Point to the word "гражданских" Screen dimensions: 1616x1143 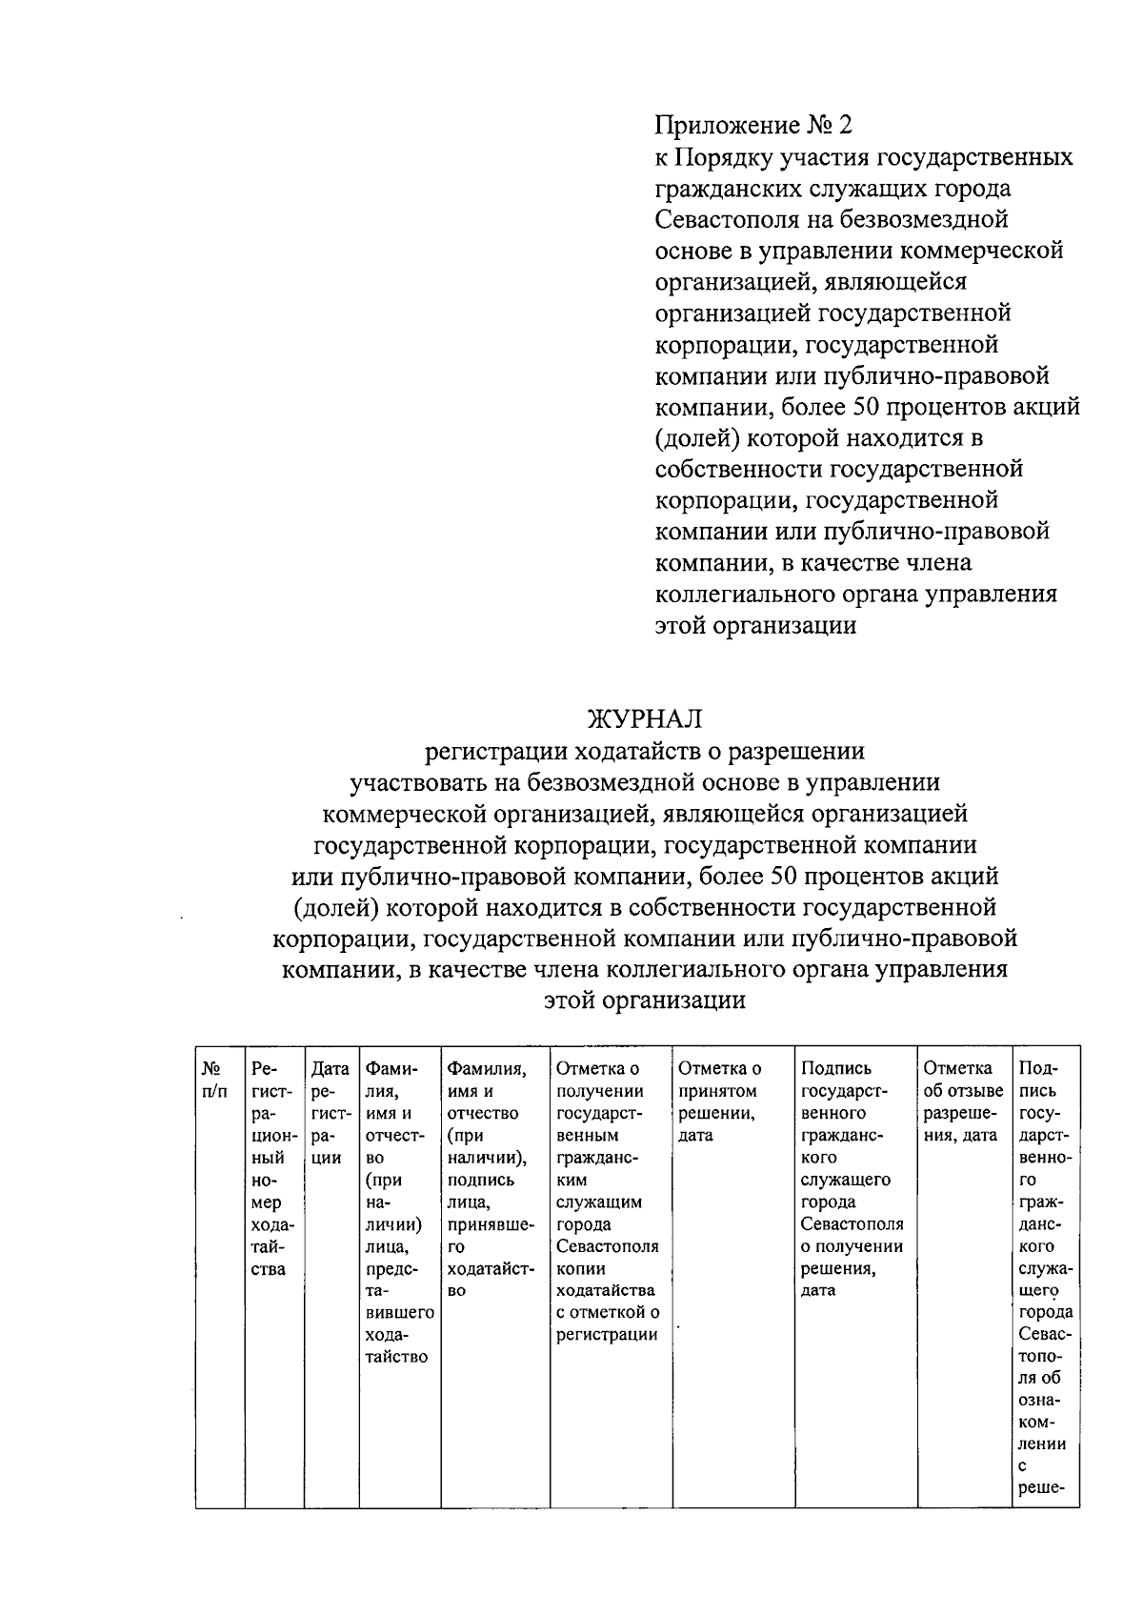click(732, 189)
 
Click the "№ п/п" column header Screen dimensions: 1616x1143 click(214, 1080)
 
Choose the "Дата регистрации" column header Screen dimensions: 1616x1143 click(331, 1113)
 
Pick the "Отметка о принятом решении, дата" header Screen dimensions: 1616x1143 click(720, 1101)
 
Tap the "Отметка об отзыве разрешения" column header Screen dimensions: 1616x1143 click(963, 1101)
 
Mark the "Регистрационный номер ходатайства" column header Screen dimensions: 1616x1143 click(272, 1168)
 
